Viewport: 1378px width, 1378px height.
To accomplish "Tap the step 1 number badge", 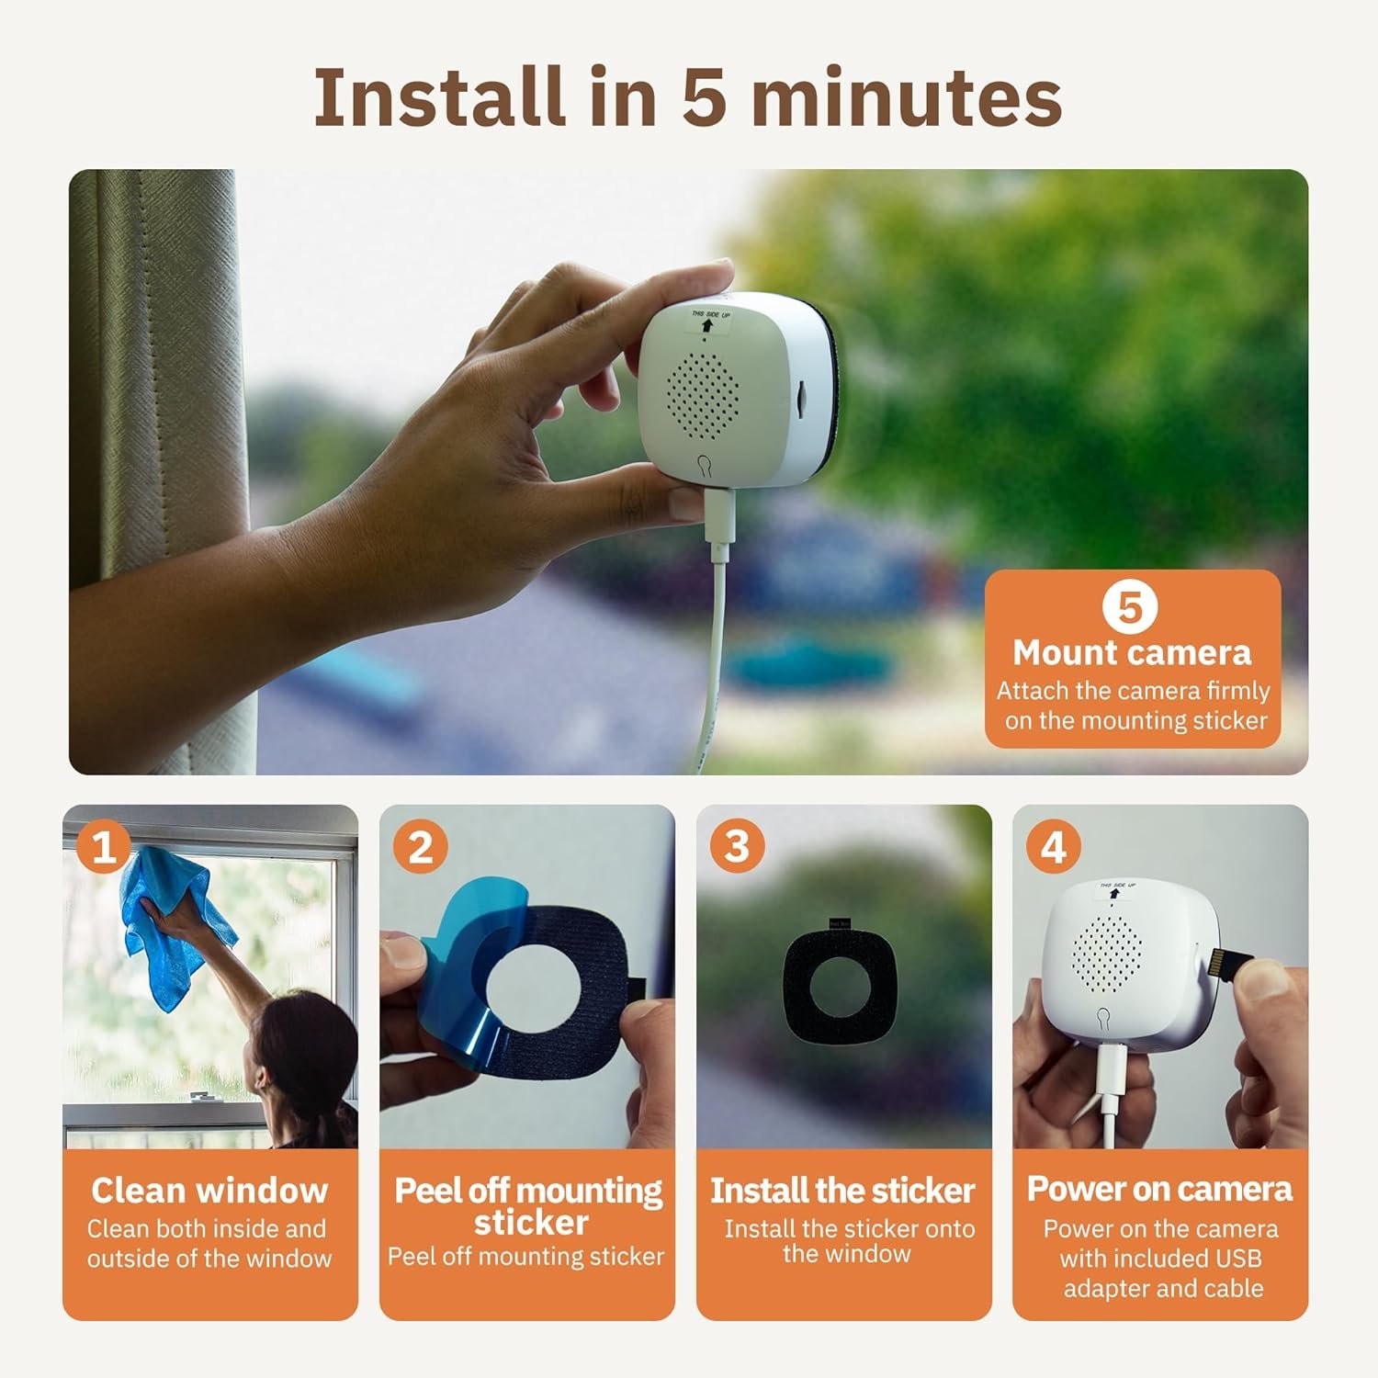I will (x=104, y=846).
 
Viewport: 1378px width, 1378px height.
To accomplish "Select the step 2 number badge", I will (x=420, y=846).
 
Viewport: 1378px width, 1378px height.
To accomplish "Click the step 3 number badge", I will (x=737, y=846).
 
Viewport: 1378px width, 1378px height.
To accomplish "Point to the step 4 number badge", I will (x=1054, y=846).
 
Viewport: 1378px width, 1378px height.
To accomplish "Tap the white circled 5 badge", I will (x=1129, y=607).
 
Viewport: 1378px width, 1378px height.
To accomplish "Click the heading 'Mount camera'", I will (x=1132, y=652).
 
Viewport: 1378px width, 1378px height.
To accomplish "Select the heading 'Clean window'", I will (x=209, y=1190).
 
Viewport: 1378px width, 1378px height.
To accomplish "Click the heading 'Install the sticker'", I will (x=842, y=1191).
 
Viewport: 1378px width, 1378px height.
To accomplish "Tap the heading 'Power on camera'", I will (x=1159, y=1189).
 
